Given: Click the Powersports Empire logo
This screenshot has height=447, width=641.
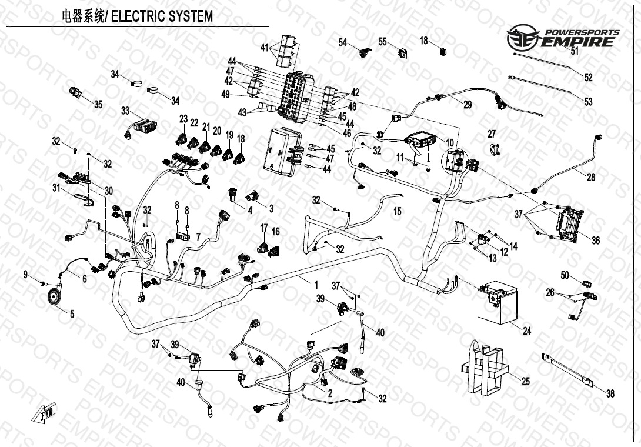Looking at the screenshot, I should click(x=564, y=38).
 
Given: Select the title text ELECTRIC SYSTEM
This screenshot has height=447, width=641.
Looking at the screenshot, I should click(x=162, y=17).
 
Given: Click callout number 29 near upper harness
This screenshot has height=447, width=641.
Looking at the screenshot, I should click(x=468, y=105).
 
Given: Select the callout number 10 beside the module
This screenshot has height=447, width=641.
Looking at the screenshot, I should click(x=450, y=143).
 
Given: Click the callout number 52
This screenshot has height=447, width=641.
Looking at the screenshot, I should click(x=588, y=78).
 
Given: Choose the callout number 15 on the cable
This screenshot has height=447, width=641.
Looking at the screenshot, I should click(x=398, y=211).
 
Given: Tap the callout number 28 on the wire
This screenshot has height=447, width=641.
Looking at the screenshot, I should click(x=590, y=177).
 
